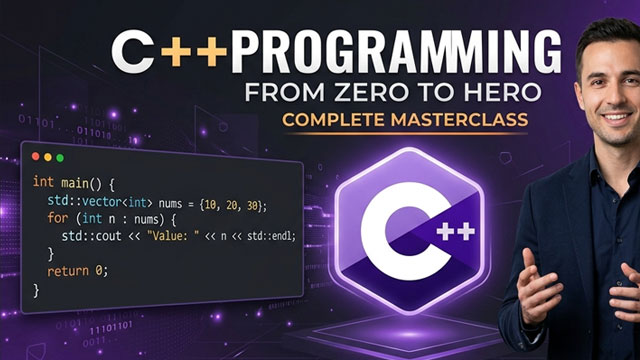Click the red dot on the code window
click(x=37, y=157)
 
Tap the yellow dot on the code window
click(x=48, y=157)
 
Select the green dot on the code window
click(x=59, y=157)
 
